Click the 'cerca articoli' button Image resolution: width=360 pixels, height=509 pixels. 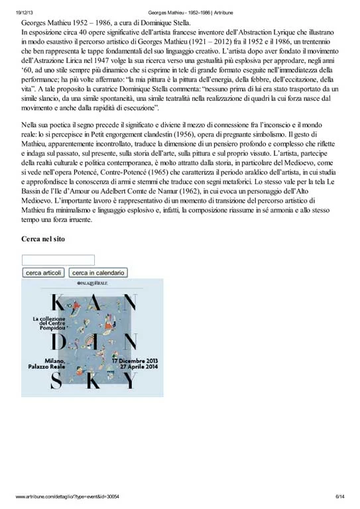tap(44, 272)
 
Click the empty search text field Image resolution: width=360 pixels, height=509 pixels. tap(58, 260)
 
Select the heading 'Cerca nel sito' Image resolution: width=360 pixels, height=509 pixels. tap(43, 239)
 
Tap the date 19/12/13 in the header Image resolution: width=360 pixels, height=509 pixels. tap(25, 13)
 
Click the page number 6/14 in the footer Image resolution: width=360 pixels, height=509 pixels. tap(340, 496)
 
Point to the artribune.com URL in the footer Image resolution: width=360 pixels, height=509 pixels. tap(67, 496)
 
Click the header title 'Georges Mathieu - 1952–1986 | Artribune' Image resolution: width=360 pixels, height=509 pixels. tap(190, 13)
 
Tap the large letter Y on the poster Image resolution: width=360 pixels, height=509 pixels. tap(130, 380)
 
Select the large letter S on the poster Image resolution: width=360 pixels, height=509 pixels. tap(56, 380)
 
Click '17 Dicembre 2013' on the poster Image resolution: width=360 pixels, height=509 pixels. tap(135, 361)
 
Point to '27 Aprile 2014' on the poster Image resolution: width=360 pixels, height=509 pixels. tap(139, 367)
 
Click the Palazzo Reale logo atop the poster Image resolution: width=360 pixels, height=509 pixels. tap(92, 283)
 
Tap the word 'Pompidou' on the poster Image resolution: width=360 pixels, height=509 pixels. tap(52, 328)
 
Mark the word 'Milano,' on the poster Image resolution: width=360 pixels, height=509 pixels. tap(55, 361)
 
